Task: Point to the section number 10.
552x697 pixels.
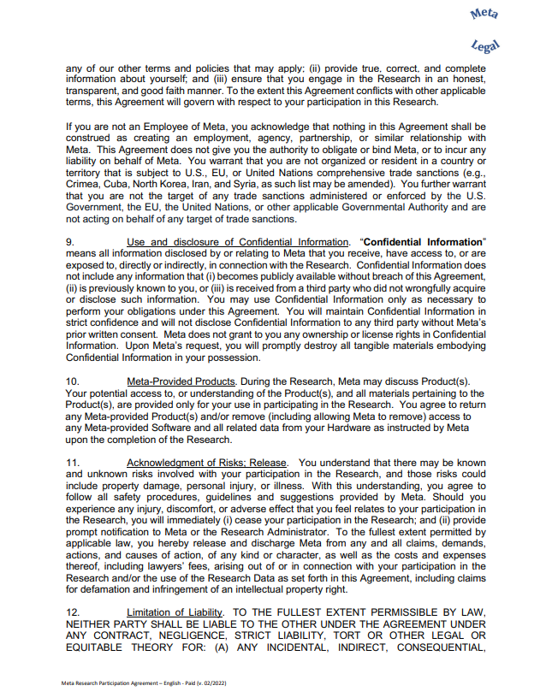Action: click(x=73, y=380)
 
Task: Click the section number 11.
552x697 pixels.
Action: click(x=73, y=463)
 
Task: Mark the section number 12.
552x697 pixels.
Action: click(x=73, y=611)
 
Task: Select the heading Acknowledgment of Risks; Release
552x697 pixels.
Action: click(x=207, y=463)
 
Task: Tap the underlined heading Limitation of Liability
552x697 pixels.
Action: click(x=175, y=611)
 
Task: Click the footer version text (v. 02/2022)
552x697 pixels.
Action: click(x=211, y=683)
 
